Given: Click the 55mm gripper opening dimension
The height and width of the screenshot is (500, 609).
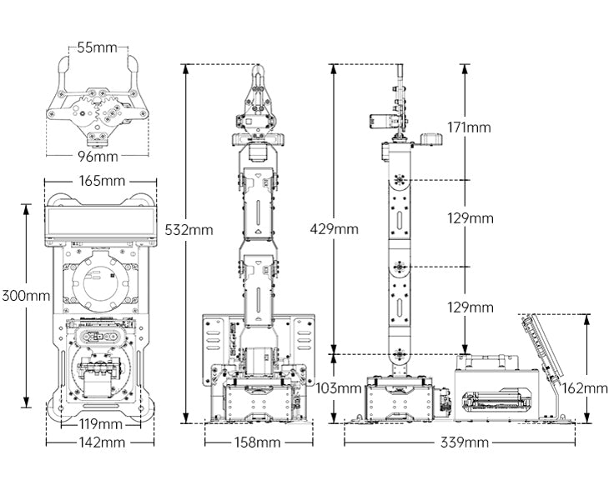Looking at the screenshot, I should click(x=98, y=47).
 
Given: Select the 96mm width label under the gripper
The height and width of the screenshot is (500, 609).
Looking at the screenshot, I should click(x=98, y=157).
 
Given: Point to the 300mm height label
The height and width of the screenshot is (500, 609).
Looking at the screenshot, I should click(x=25, y=295).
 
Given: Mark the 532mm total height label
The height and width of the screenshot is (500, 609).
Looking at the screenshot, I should click(x=189, y=228).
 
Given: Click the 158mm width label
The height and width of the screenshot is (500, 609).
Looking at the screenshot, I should click(x=256, y=442).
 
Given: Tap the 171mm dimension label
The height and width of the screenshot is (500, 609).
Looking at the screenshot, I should click(x=469, y=127).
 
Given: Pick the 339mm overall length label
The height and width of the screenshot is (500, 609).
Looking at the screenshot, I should click(x=465, y=442).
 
